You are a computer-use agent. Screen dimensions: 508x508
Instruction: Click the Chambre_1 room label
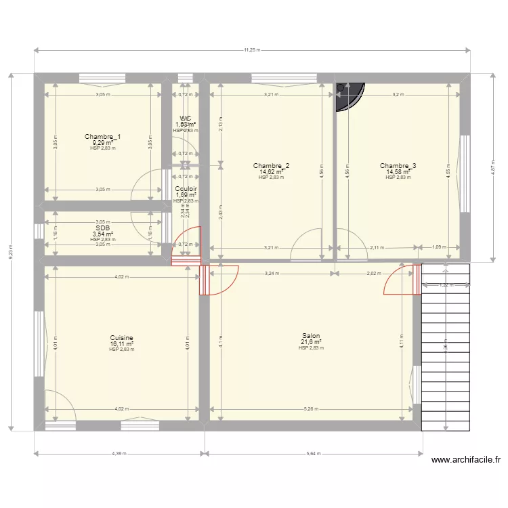(103, 137)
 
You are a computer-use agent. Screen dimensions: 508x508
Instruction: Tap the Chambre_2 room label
(272, 166)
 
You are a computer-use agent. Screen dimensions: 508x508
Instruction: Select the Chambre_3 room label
(398, 166)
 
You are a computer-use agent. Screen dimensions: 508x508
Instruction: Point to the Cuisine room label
(122, 337)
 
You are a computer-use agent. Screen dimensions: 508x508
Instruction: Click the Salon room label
(312, 335)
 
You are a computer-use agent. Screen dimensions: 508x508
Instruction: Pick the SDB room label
(103, 228)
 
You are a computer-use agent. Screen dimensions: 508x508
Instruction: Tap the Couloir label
(186, 189)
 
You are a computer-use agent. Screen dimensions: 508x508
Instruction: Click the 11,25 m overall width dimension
(252, 49)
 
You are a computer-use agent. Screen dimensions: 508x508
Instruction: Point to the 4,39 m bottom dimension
(120, 454)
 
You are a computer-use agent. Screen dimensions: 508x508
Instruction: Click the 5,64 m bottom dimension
(314, 454)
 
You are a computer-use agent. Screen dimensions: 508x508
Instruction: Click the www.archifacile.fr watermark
(465, 459)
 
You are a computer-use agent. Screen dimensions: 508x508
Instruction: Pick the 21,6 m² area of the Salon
(312, 342)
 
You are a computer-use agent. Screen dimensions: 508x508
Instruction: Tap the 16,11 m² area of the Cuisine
(122, 344)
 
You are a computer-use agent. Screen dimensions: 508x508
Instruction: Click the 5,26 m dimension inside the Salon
(312, 408)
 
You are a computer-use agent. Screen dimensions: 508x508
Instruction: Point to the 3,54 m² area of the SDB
(103, 234)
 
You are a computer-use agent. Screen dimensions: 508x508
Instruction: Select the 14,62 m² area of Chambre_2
(272, 172)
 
